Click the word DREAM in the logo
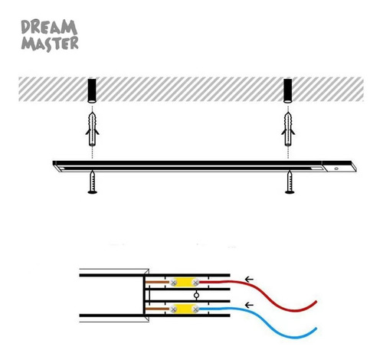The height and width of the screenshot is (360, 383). pyautogui.click(x=49, y=27)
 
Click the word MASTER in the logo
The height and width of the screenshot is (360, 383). pyautogui.click(x=50, y=44)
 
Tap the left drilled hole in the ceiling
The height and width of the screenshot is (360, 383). pyautogui.click(x=92, y=91)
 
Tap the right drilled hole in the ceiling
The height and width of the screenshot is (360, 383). pyautogui.click(x=288, y=91)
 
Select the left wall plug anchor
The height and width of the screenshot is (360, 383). pyautogui.click(x=92, y=129)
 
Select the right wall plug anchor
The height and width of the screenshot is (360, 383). pyautogui.click(x=288, y=129)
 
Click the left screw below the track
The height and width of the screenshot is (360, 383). pyautogui.click(x=92, y=182)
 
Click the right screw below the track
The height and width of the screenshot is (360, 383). pyautogui.click(x=290, y=182)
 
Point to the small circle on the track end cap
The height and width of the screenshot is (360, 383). pyautogui.click(x=336, y=169)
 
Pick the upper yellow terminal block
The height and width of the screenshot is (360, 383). pyautogui.click(x=185, y=282)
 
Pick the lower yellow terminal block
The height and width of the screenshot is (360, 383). pyautogui.click(x=185, y=309)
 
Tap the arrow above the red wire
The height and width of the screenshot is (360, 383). pyautogui.click(x=249, y=279)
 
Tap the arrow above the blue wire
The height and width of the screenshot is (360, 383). pyautogui.click(x=249, y=305)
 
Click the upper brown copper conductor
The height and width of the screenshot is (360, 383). pyautogui.click(x=158, y=282)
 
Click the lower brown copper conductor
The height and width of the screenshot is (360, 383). pyautogui.click(x=158, y=309)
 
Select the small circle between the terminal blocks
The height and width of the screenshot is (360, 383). pyautogui.click(x=196, y=296)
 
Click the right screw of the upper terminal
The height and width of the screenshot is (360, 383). pyautogui.click(x=195, y=282)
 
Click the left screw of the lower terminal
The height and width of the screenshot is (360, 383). pyautogui.click(x=174, y=309)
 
